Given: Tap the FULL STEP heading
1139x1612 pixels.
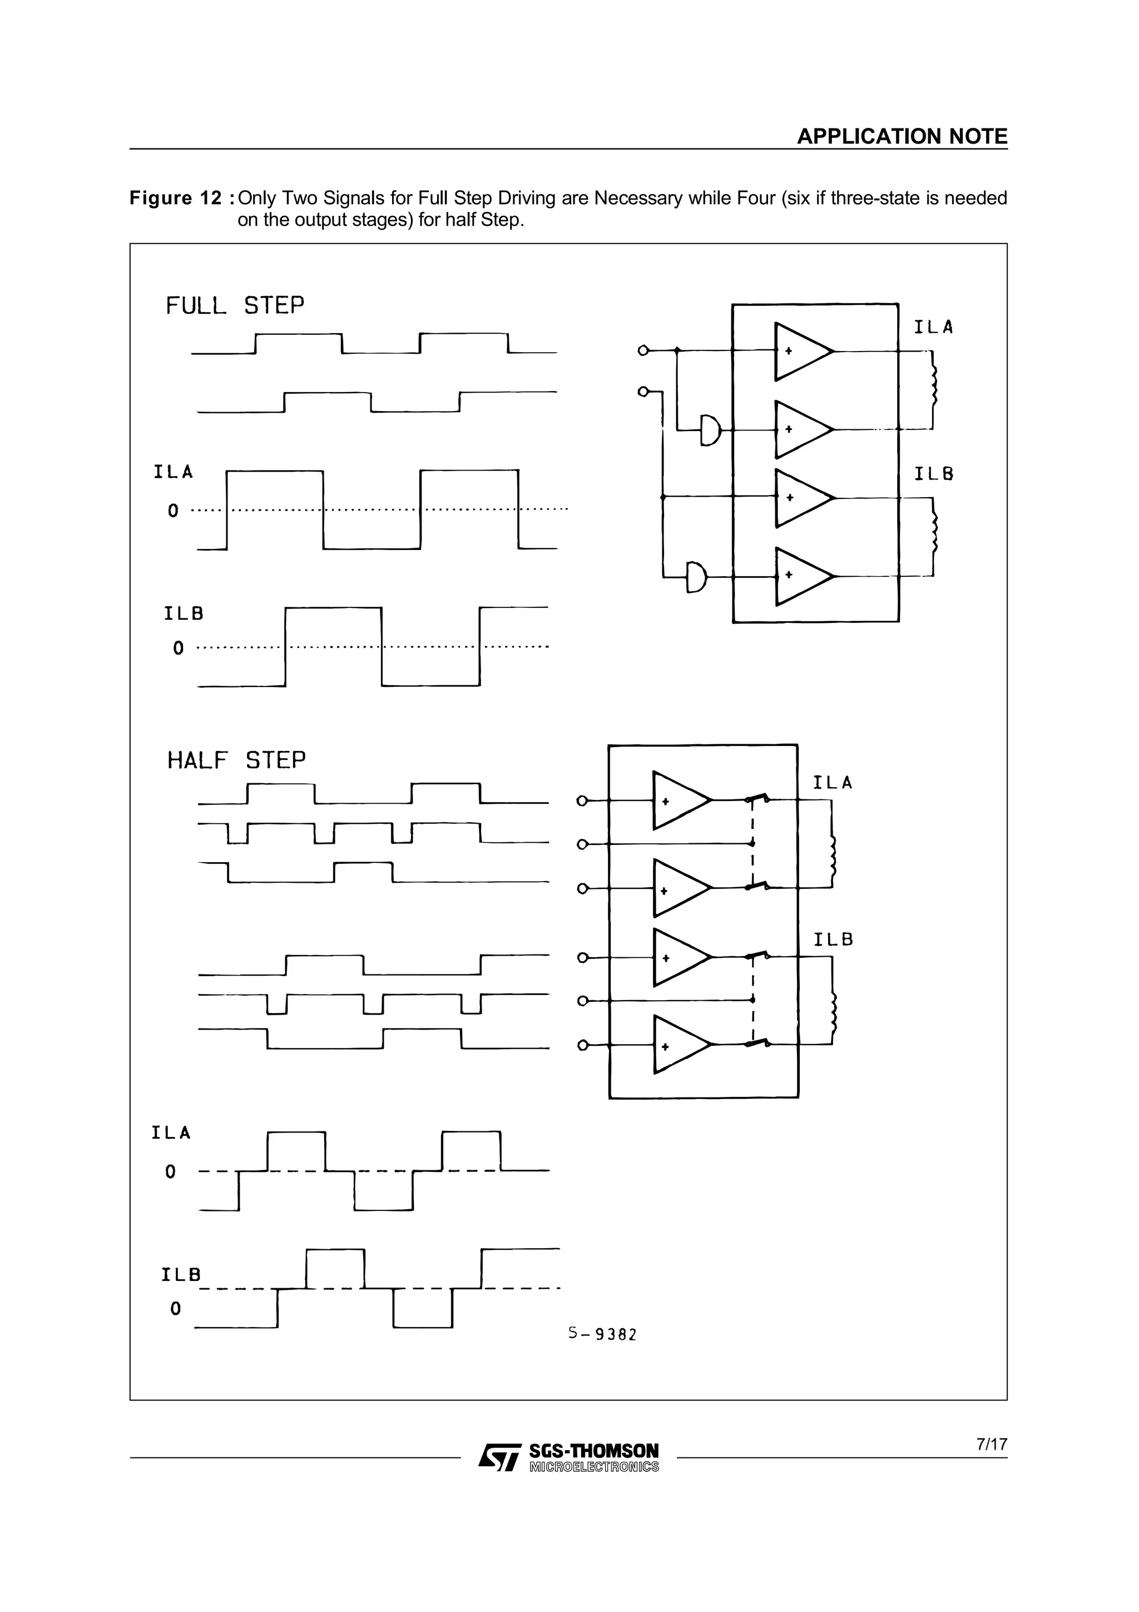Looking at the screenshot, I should point(234,306).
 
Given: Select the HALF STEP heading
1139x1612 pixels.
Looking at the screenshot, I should point(236,760).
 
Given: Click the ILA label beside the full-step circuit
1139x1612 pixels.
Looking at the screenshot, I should point(933,327).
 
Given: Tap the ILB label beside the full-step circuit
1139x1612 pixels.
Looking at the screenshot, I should point(933,474).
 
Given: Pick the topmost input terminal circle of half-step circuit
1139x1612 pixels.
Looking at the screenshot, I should point(581,800).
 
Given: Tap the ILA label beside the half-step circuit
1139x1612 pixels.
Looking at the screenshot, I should point(833,783).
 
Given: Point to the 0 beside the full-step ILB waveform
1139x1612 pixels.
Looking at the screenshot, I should point(179,648).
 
